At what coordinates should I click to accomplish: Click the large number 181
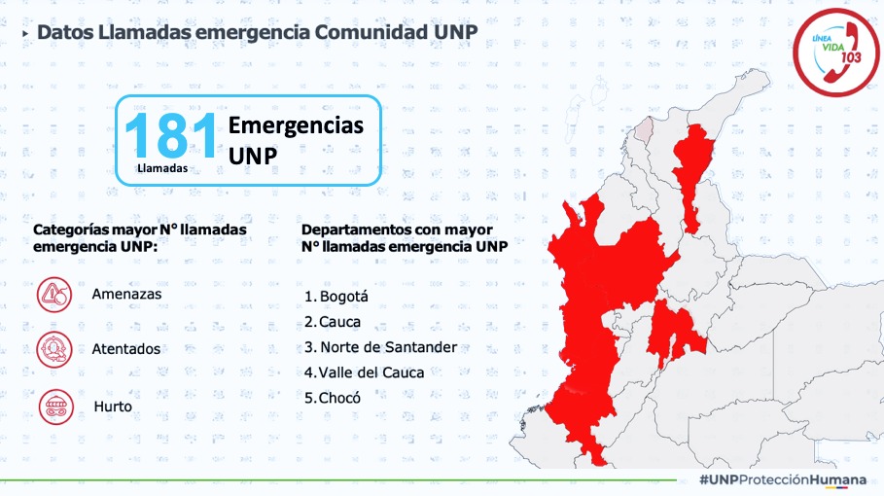click(x=171, y=135)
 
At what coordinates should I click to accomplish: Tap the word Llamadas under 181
click(x=162, y=168)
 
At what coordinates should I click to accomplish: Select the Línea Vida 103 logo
click(x=835, y=53)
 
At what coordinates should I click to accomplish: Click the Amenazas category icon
click(x=54, y=295)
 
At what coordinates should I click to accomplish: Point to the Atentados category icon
click(x=54, y=349)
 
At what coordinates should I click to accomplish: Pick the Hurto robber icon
click(x=55, y=407)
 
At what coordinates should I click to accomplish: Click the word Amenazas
click(x=126, y=295)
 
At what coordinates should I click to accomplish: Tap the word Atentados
click(x=126, y=349)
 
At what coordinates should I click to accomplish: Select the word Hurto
click(x=113, y=407)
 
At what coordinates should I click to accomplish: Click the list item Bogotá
click(x=336, y=297)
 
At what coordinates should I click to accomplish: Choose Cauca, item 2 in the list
click(x=333, y=322)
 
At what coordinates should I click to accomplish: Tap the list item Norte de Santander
click(x=380, y=347)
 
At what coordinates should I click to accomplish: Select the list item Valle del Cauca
click(x=364, y=372)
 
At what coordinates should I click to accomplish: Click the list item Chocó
click(x=333, y=398)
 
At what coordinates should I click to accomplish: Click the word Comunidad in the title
click(x=371, y=32)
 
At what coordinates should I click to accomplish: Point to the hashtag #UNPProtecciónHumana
click(x=783, y=480)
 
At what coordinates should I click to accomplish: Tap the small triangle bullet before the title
click(x=25, y=34)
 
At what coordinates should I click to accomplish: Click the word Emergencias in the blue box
click(x=296, y=125)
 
